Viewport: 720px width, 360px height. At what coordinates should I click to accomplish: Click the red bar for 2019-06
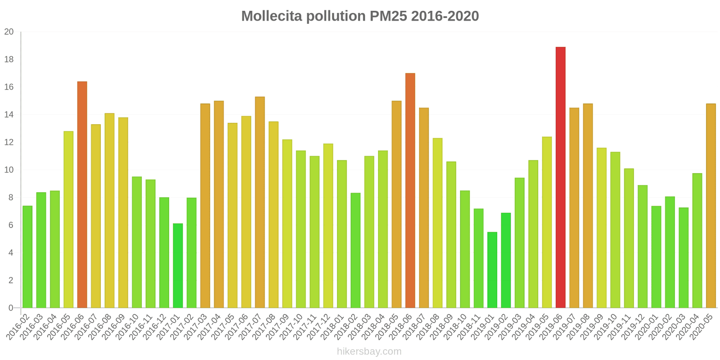tap(560, 177)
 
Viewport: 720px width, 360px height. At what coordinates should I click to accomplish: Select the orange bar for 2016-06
tap(82, 194)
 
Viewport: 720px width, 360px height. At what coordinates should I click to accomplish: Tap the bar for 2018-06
tap(410, 190)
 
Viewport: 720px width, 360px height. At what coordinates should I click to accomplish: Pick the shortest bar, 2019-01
tap(492, 270)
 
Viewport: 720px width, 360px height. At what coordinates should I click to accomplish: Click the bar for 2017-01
tap(178, 265)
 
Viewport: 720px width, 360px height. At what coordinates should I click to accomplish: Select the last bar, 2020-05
tap(711, 206)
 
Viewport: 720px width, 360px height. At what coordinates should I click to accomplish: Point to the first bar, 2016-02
tap(27, 256)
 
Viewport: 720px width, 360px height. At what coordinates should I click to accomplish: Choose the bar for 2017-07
tap(260, 202)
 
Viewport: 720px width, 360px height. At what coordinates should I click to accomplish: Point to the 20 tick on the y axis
tap(9, 32)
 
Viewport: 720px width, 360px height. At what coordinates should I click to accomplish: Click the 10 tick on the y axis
tap(9, 170)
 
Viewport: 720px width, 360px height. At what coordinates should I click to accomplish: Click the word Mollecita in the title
tap(272, 16)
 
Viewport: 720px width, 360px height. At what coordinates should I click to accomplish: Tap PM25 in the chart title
tap(388, 16)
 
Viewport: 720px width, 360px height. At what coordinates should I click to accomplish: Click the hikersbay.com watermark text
tap(369, 351)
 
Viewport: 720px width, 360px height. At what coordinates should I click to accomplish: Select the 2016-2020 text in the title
tap(445, 16)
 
